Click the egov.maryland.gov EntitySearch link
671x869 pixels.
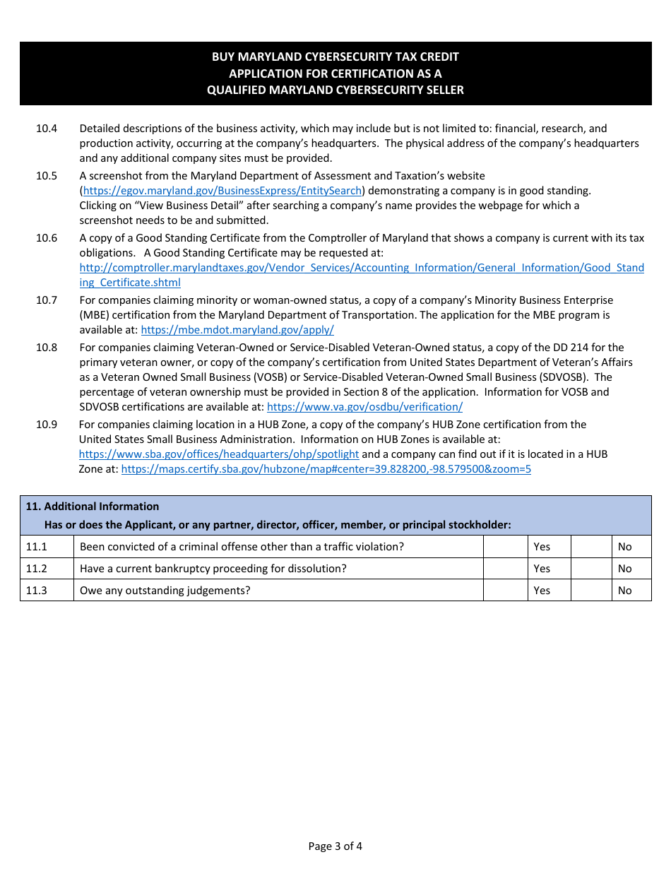pos(222,191)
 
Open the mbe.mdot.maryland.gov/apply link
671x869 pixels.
pos(237,330)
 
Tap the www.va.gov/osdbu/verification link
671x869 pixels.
pos(364,407)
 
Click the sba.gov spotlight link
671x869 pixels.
pos(219,454)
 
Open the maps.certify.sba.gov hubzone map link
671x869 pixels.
pos(326,469)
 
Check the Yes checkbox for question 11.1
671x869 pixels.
pos(505,547)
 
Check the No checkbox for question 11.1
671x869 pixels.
pos(590,547)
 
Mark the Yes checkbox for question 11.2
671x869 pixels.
pos(505,569)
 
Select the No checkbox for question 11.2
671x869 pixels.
pos(590,569)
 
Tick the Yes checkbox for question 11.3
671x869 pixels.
pos(505,591)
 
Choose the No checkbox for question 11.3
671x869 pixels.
pos(590,591)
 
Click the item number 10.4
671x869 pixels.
pos(47,129)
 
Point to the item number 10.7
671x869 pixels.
pos(47,300)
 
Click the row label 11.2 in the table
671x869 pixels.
pos(37,569)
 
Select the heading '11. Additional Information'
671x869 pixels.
pos(93,507)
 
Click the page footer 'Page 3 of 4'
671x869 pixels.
pos(335,846)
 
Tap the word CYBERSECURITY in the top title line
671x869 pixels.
pos(345,57)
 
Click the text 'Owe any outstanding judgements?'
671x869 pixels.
pos(165,591)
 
